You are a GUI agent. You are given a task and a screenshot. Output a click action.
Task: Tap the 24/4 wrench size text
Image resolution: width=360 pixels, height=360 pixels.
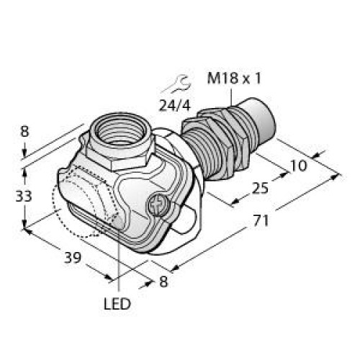tap(176, 105)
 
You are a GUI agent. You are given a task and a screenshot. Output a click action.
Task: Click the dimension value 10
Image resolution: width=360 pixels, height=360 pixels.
tap(298, 165)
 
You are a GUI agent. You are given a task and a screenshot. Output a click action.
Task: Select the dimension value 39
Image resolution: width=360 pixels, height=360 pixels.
tap(72, 256)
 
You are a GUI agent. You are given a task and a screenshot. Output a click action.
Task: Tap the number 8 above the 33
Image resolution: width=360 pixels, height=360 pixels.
tap(25, 132)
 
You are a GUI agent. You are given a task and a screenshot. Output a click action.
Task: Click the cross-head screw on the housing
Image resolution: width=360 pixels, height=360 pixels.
tap(157, 208)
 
